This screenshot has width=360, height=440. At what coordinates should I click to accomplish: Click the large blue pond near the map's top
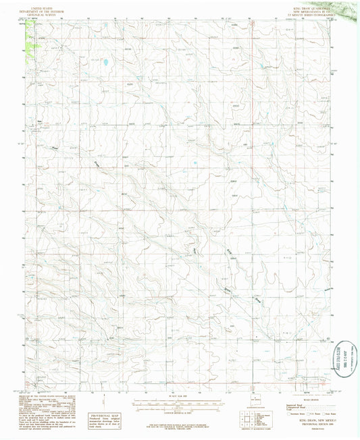(107, 64)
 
